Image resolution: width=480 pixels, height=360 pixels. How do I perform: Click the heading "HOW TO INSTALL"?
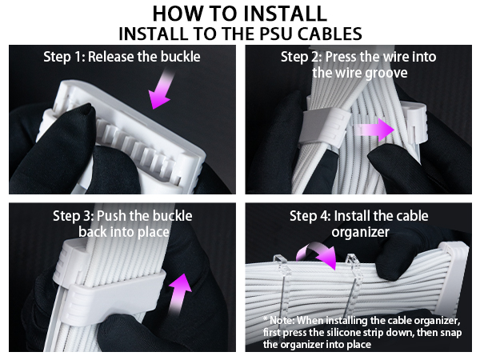click(x=239, y=14)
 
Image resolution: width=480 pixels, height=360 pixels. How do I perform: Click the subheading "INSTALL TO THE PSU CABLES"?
click(x=239, y=34)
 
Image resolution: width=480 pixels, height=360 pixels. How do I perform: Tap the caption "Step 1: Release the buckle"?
click(x=122, y=57)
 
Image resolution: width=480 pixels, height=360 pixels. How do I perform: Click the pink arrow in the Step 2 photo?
click(x=373, y=129)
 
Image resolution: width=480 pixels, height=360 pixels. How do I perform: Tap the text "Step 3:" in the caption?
click(x=73, y=216)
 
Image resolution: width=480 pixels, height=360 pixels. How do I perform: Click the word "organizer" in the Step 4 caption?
click(x=359, y=232)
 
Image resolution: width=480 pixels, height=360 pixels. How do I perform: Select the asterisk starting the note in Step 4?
click(x=265, y=319)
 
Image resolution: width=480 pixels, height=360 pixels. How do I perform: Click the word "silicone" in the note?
click(x=345, y=331)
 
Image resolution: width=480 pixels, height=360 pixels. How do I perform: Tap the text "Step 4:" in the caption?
click(x=310, y=216)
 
